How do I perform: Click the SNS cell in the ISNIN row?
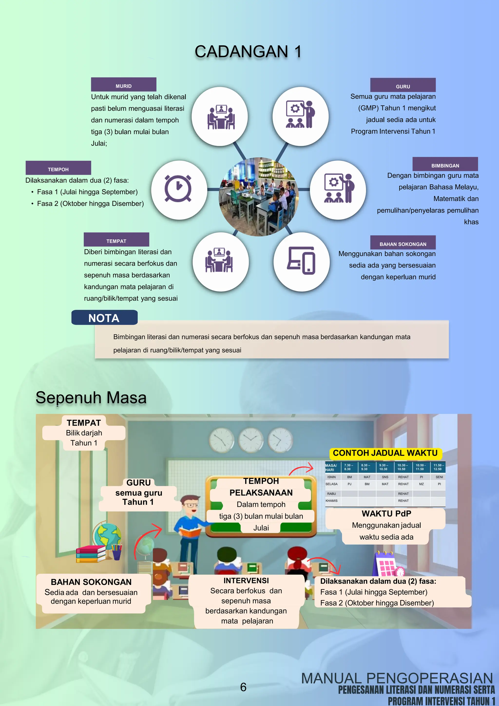(x=385, y=477)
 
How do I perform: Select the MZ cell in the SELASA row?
(x=421, y=484)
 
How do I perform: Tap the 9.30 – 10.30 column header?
(x=384, y=467)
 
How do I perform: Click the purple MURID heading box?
(x=124, y=85)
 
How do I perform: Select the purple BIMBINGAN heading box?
(x=445, y=164)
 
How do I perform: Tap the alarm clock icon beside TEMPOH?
(x=178, y=188)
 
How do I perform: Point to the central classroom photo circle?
(x=259, y=197)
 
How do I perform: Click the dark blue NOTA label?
(x=104, y=318)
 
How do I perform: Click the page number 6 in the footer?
(x=243, y=687)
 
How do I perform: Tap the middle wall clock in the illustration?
(x=251, y=440)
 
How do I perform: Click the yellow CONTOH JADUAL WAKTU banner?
(x=385, y=453)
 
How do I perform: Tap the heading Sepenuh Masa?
(x=91, y=398)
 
